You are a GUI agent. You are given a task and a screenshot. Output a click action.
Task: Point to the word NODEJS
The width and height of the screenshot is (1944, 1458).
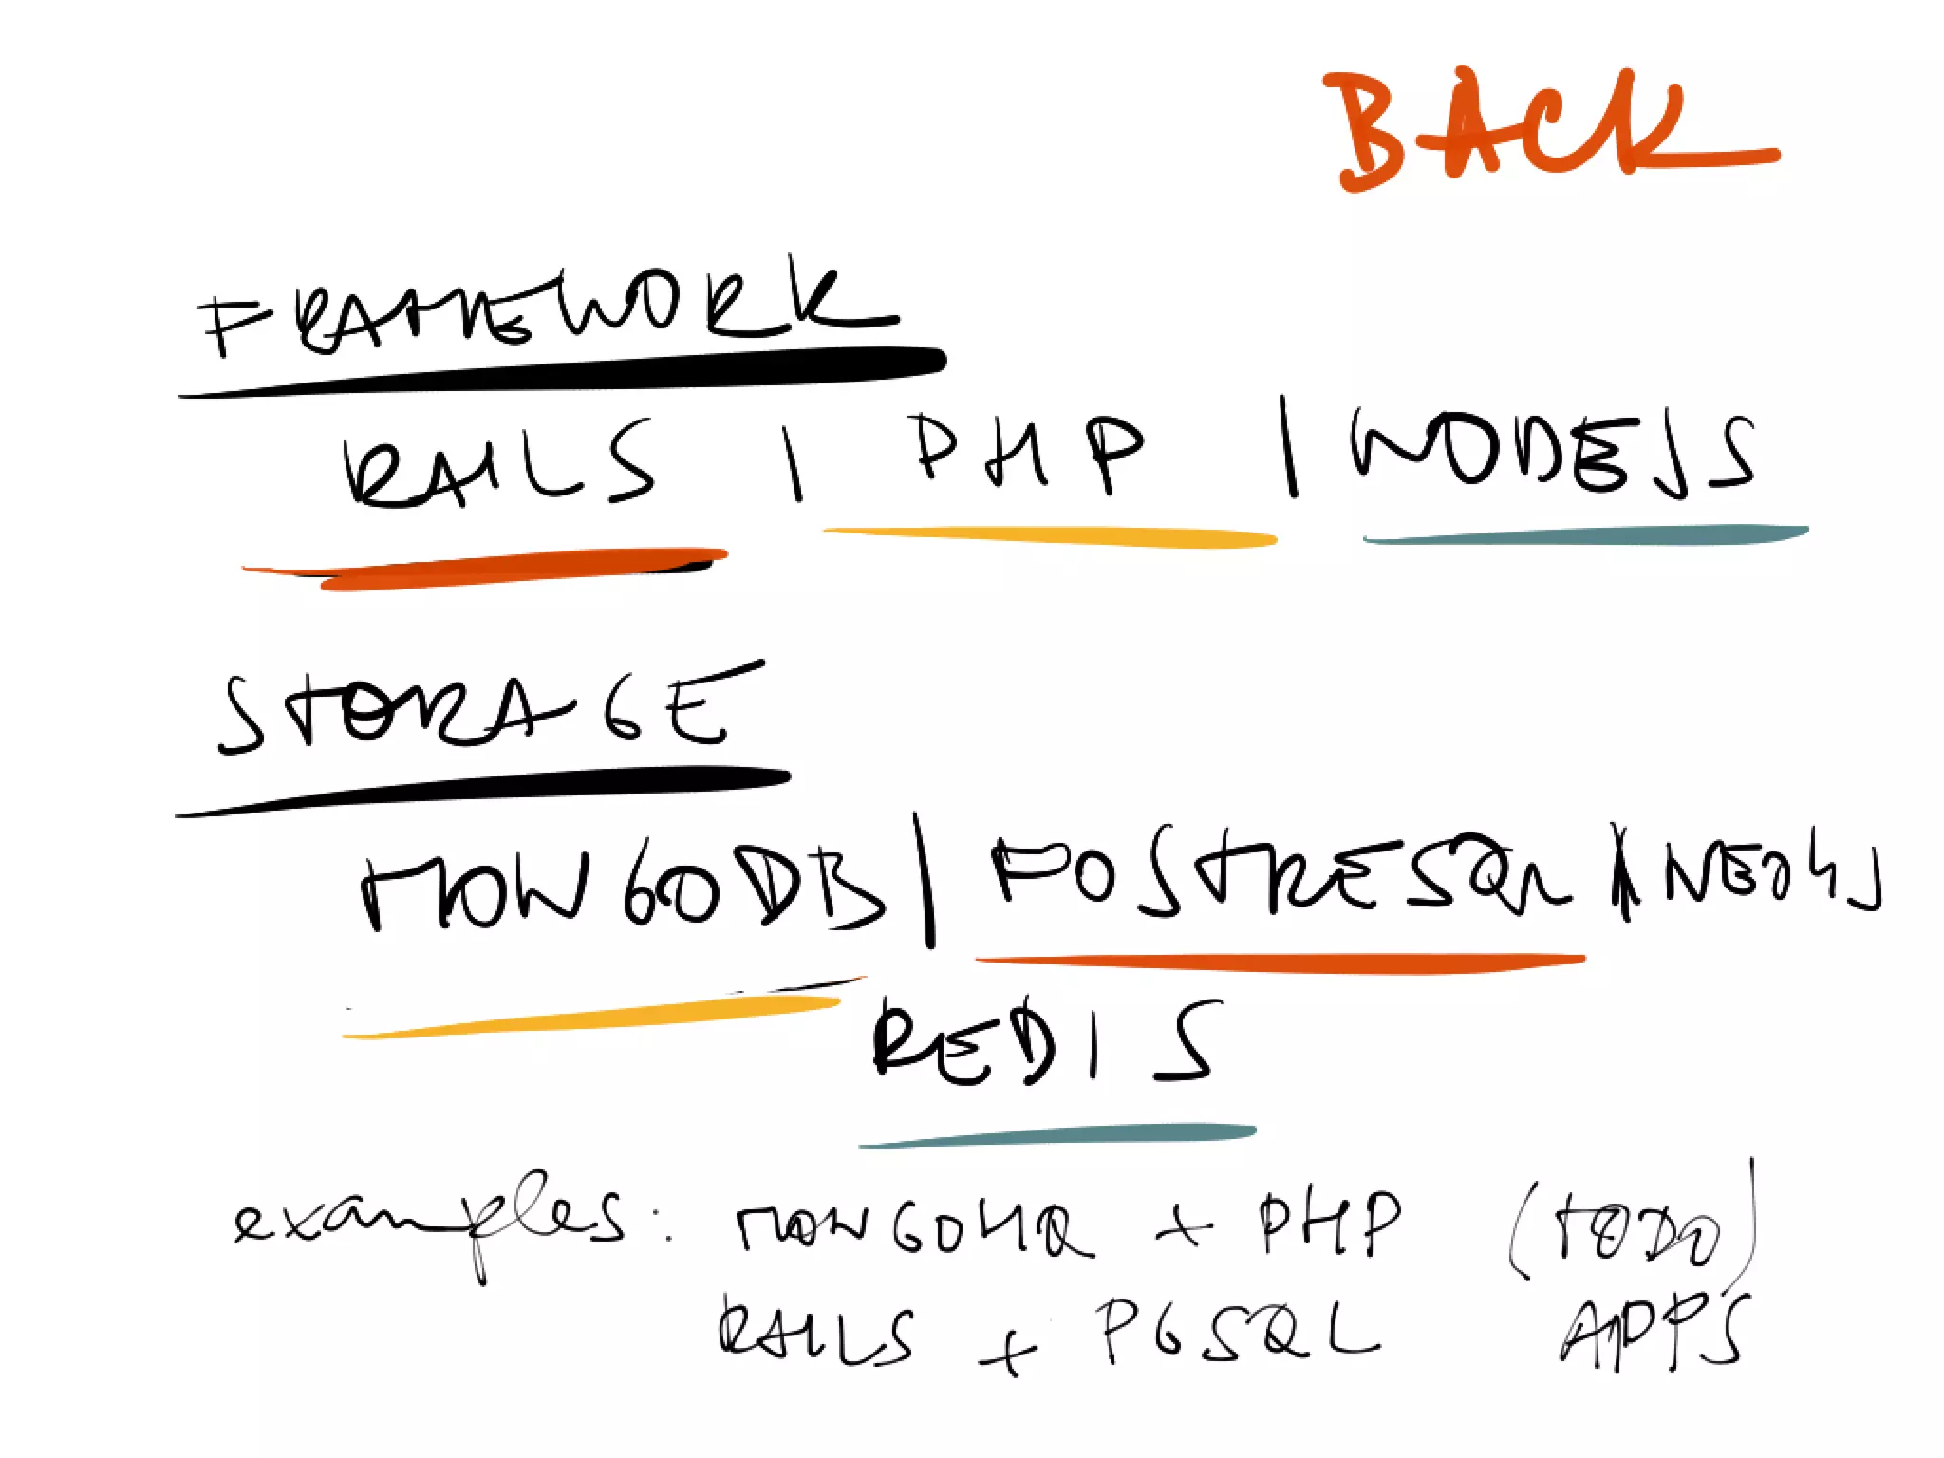coord(1552,453)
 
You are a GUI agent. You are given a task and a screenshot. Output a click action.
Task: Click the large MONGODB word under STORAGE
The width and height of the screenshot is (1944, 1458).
coord(622,888)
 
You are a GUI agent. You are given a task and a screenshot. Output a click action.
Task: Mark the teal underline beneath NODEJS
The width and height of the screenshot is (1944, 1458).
coord(1585,536)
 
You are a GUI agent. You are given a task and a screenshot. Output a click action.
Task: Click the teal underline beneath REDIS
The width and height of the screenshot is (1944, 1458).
coord(1058,1135)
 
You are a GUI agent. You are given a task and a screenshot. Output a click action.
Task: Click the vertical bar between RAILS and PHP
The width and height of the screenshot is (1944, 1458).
coord(793,462)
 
